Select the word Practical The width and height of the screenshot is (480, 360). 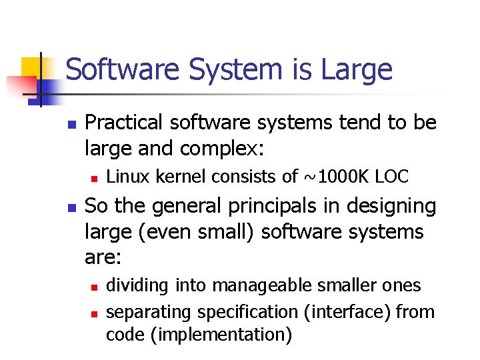click(x=124, y=123)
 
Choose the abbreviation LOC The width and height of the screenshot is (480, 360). click(x=392, y=177)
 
